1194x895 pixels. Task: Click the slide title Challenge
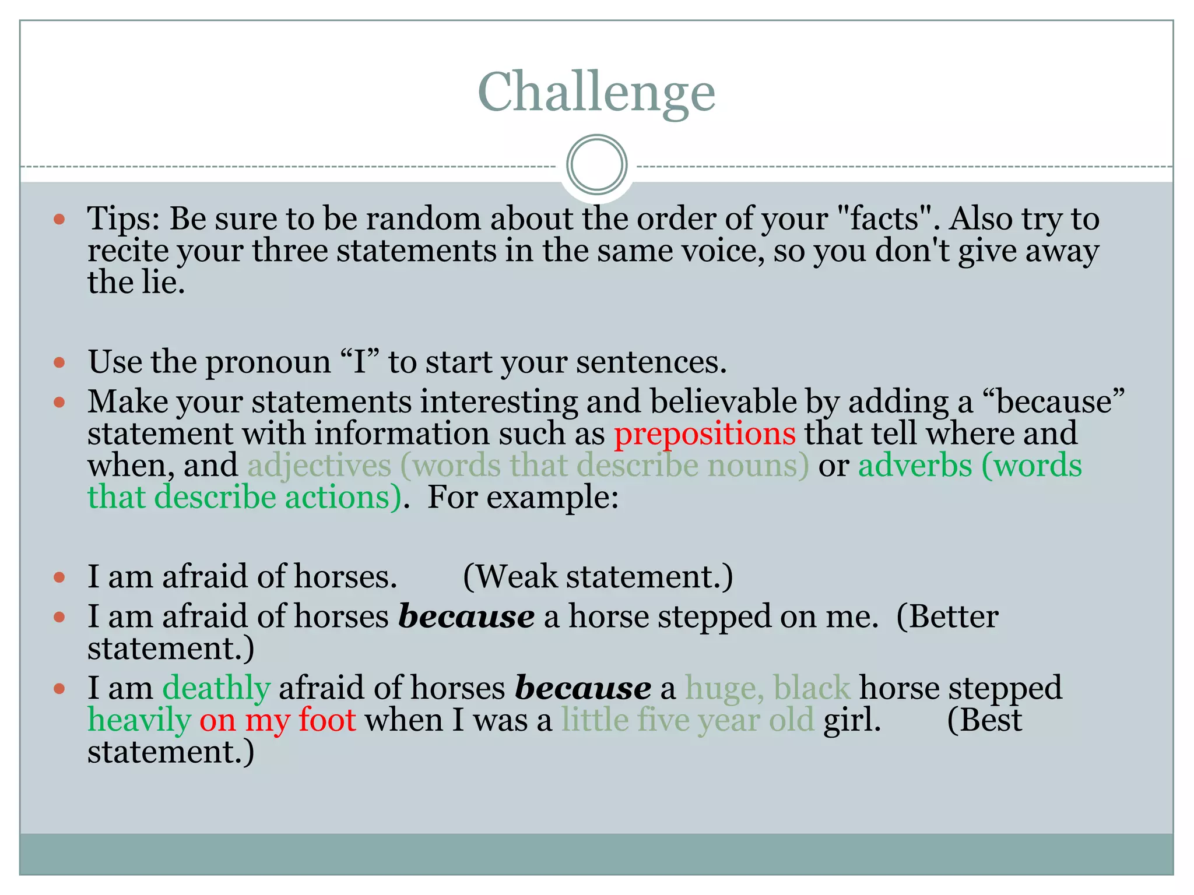coord(596,92)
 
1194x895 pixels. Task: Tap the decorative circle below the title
coord(596,164)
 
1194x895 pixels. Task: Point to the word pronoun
coord(268,362)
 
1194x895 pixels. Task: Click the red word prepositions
coord(705,434)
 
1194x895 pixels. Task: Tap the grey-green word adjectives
coord(319,466)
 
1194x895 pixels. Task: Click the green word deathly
coord(216,689)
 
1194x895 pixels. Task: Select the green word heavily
coord(139,721)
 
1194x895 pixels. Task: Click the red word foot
coord(327,720)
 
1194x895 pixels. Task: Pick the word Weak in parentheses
coord(515,577)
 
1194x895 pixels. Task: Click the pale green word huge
coord(724,689)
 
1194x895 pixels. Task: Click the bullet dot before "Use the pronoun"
coord(59,363)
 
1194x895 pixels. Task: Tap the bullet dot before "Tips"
coord(59,220)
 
